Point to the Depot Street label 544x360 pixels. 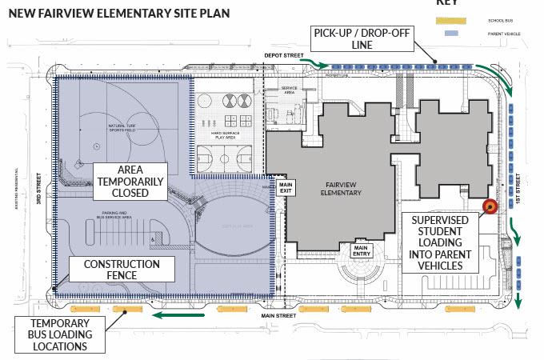pos(284,56)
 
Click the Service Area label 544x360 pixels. pos(288,90)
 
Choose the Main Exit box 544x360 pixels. pos(286,188)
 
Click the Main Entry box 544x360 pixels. pos(362,251)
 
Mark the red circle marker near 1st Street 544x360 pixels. pos(490,206)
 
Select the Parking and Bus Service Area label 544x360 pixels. pos(112,214)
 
